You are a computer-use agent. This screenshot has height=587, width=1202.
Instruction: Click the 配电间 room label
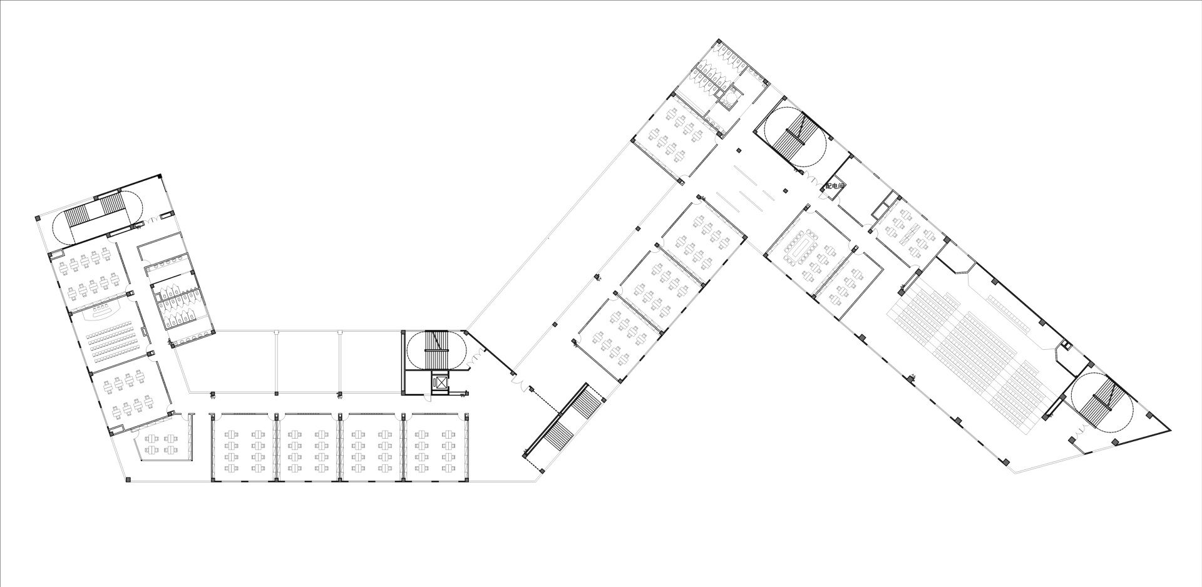pos(835,186)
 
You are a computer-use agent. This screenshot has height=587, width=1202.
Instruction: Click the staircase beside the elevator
pos(436,349)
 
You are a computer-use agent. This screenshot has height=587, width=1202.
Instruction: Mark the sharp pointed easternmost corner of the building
pos(1170,431)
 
